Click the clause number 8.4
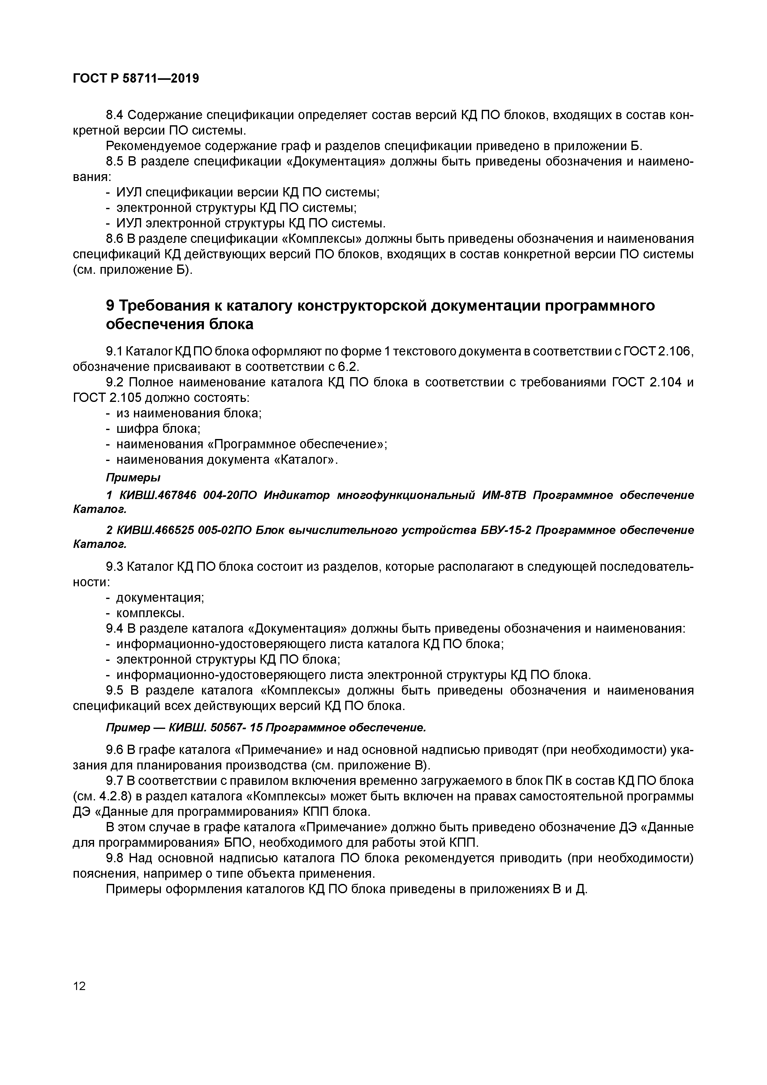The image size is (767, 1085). [x=114, y=115]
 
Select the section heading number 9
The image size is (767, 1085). [x=110, y=306]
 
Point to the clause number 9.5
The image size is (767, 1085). [x=114, y=691]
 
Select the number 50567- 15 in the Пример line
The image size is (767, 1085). [x=236, y=728]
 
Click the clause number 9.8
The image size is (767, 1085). [x=114, y=858]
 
